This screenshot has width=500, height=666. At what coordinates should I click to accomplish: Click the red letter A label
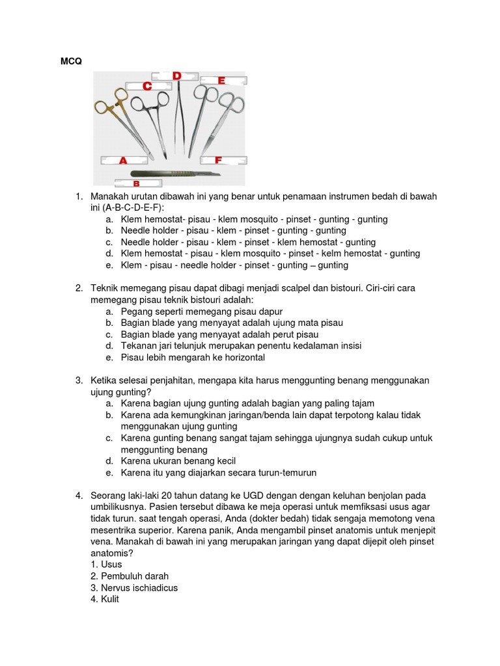[122, 160]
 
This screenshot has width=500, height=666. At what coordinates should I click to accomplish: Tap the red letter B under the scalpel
[137, 184]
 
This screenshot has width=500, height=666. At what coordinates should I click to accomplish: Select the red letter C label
[148, 86]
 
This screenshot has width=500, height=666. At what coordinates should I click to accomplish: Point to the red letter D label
[176, 76]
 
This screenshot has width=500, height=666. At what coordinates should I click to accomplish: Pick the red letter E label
[221, 81]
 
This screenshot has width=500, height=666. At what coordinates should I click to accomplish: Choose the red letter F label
[219, 160]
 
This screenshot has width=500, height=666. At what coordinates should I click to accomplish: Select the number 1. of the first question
[79, 196]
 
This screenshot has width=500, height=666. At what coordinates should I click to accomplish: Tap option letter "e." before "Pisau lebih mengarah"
[108, 358]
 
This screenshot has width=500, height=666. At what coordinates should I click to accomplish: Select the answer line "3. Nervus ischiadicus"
[134, 588]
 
